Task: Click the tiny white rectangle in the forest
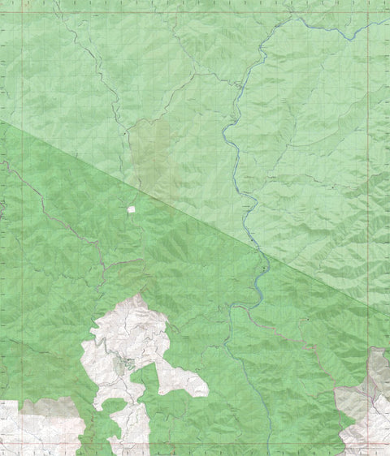pos(131,209)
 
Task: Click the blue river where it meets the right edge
pos(386,20)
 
